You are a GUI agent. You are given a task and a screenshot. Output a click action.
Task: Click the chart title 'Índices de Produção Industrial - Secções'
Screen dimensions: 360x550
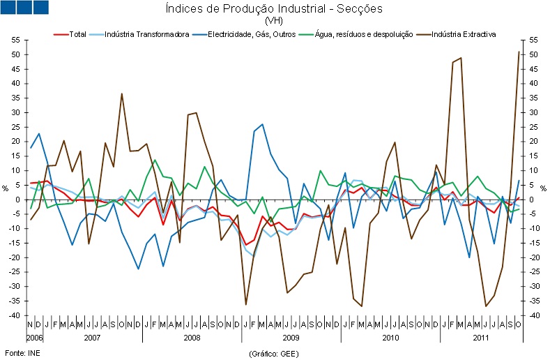(275, 9)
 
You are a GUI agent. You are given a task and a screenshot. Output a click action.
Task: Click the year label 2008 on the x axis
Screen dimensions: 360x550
(192, 337)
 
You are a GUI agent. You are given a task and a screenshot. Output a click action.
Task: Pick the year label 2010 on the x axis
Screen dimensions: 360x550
(390, 337)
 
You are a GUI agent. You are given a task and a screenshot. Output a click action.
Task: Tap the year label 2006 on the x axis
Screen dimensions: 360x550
(35, 337)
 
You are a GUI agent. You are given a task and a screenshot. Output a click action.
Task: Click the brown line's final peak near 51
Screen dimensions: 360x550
(518, 52)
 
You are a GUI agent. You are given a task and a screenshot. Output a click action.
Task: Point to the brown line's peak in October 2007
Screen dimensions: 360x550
(122, 93)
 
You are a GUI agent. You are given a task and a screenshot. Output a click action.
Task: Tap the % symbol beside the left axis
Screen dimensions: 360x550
(6, 188)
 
